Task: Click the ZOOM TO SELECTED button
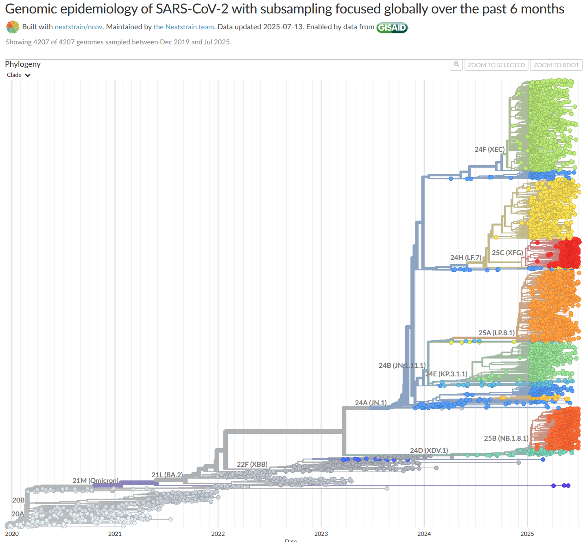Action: pos(496,65)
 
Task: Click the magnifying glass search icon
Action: pos(456,65)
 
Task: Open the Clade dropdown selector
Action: pos(19,75)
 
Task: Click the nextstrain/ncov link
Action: pos(79,27)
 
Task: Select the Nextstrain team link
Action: pos(183,27)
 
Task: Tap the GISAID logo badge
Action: pos(392,28)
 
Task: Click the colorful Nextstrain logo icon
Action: pos(13,27)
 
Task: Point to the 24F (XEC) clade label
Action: pos(489,149)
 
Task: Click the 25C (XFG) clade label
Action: pos(507,253)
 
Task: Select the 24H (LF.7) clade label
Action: pos(465,258)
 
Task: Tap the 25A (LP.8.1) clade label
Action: pos(496,333)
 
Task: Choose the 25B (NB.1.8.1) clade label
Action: pos(506,438)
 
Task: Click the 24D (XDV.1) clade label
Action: pos(429,450)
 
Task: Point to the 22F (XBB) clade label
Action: pos(252,464)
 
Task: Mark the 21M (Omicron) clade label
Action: pos(95,481)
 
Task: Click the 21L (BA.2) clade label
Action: pos(167,475)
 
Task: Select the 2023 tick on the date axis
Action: pos(321,533)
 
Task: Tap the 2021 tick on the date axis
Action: pos(115,533)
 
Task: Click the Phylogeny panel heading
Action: pos(23,64)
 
